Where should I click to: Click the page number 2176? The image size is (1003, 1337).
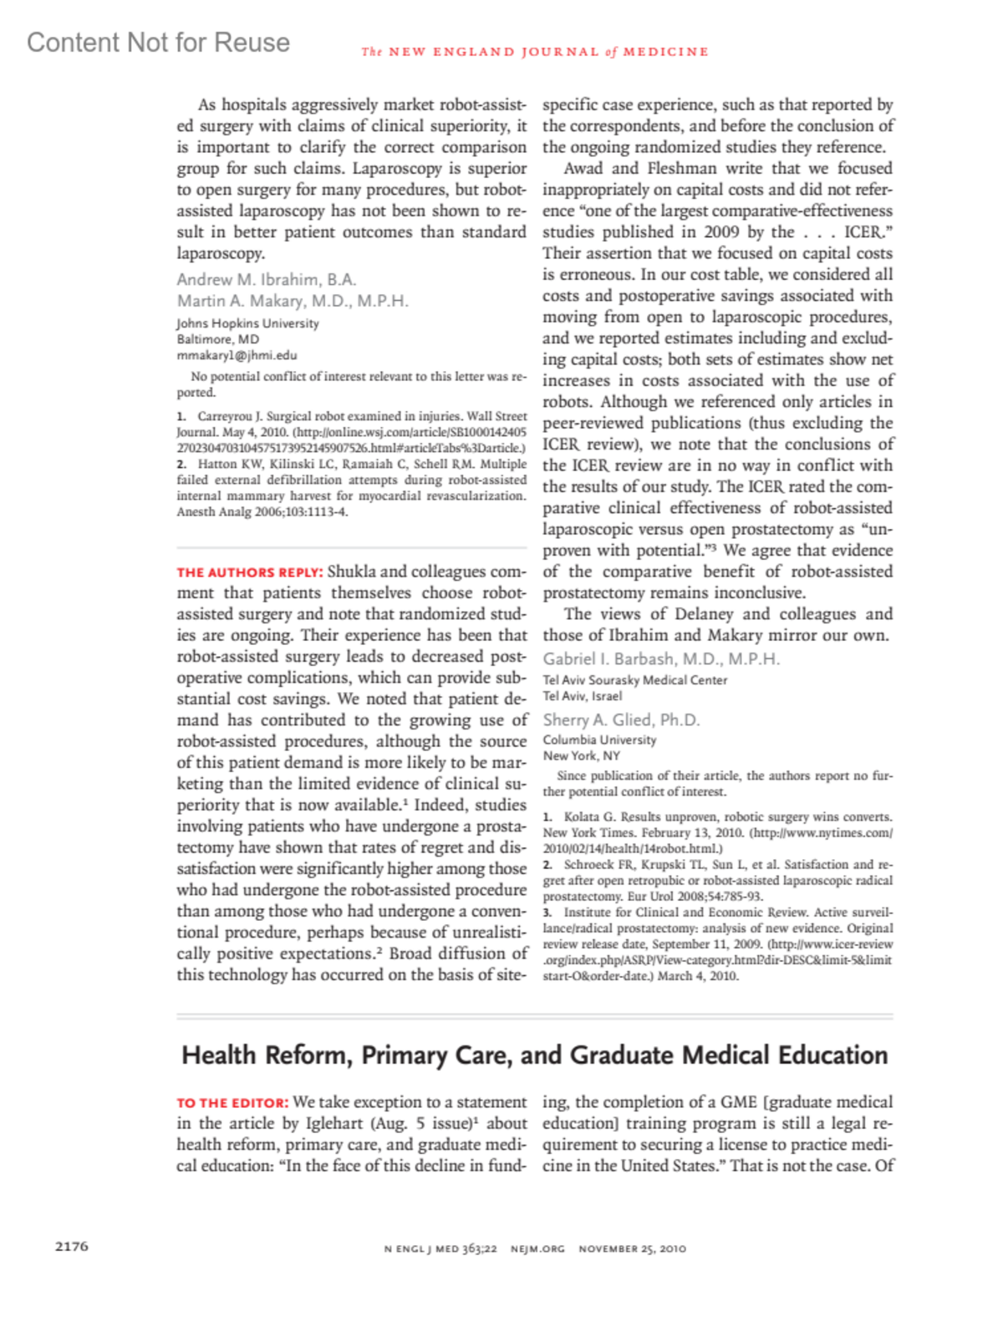coord(72,1246)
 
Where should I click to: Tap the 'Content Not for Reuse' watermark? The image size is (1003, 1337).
coord(158,43)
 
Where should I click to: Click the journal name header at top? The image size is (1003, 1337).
coord(535,52)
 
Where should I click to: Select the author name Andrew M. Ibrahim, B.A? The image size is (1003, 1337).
coord(266,279)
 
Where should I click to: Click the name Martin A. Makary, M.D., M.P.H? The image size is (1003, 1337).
coord(293,301)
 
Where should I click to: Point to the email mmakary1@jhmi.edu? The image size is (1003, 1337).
coord(237,355)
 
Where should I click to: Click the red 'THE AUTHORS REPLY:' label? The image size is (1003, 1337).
coord(249,572)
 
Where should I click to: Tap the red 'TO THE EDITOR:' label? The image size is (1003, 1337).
coord(232,1103)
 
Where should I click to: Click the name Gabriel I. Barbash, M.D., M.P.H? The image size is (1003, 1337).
coord(661,658)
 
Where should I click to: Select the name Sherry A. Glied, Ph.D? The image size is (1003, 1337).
coord(621,719)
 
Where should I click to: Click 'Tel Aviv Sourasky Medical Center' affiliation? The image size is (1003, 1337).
coord(635,680)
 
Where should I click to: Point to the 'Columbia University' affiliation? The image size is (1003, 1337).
coord(599,740)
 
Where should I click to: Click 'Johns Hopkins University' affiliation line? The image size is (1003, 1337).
coord(247,323)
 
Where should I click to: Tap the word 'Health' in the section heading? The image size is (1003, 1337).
coord(219,1055)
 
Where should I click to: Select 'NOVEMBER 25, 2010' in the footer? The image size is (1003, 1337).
coord(632,1248)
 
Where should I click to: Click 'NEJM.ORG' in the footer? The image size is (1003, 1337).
coord(537,1248)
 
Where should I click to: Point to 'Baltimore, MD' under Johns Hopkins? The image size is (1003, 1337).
coord(217,339)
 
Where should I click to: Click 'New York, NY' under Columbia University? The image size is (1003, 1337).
coord(581,755)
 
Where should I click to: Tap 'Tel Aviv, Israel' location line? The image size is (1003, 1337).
coord(582,696)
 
